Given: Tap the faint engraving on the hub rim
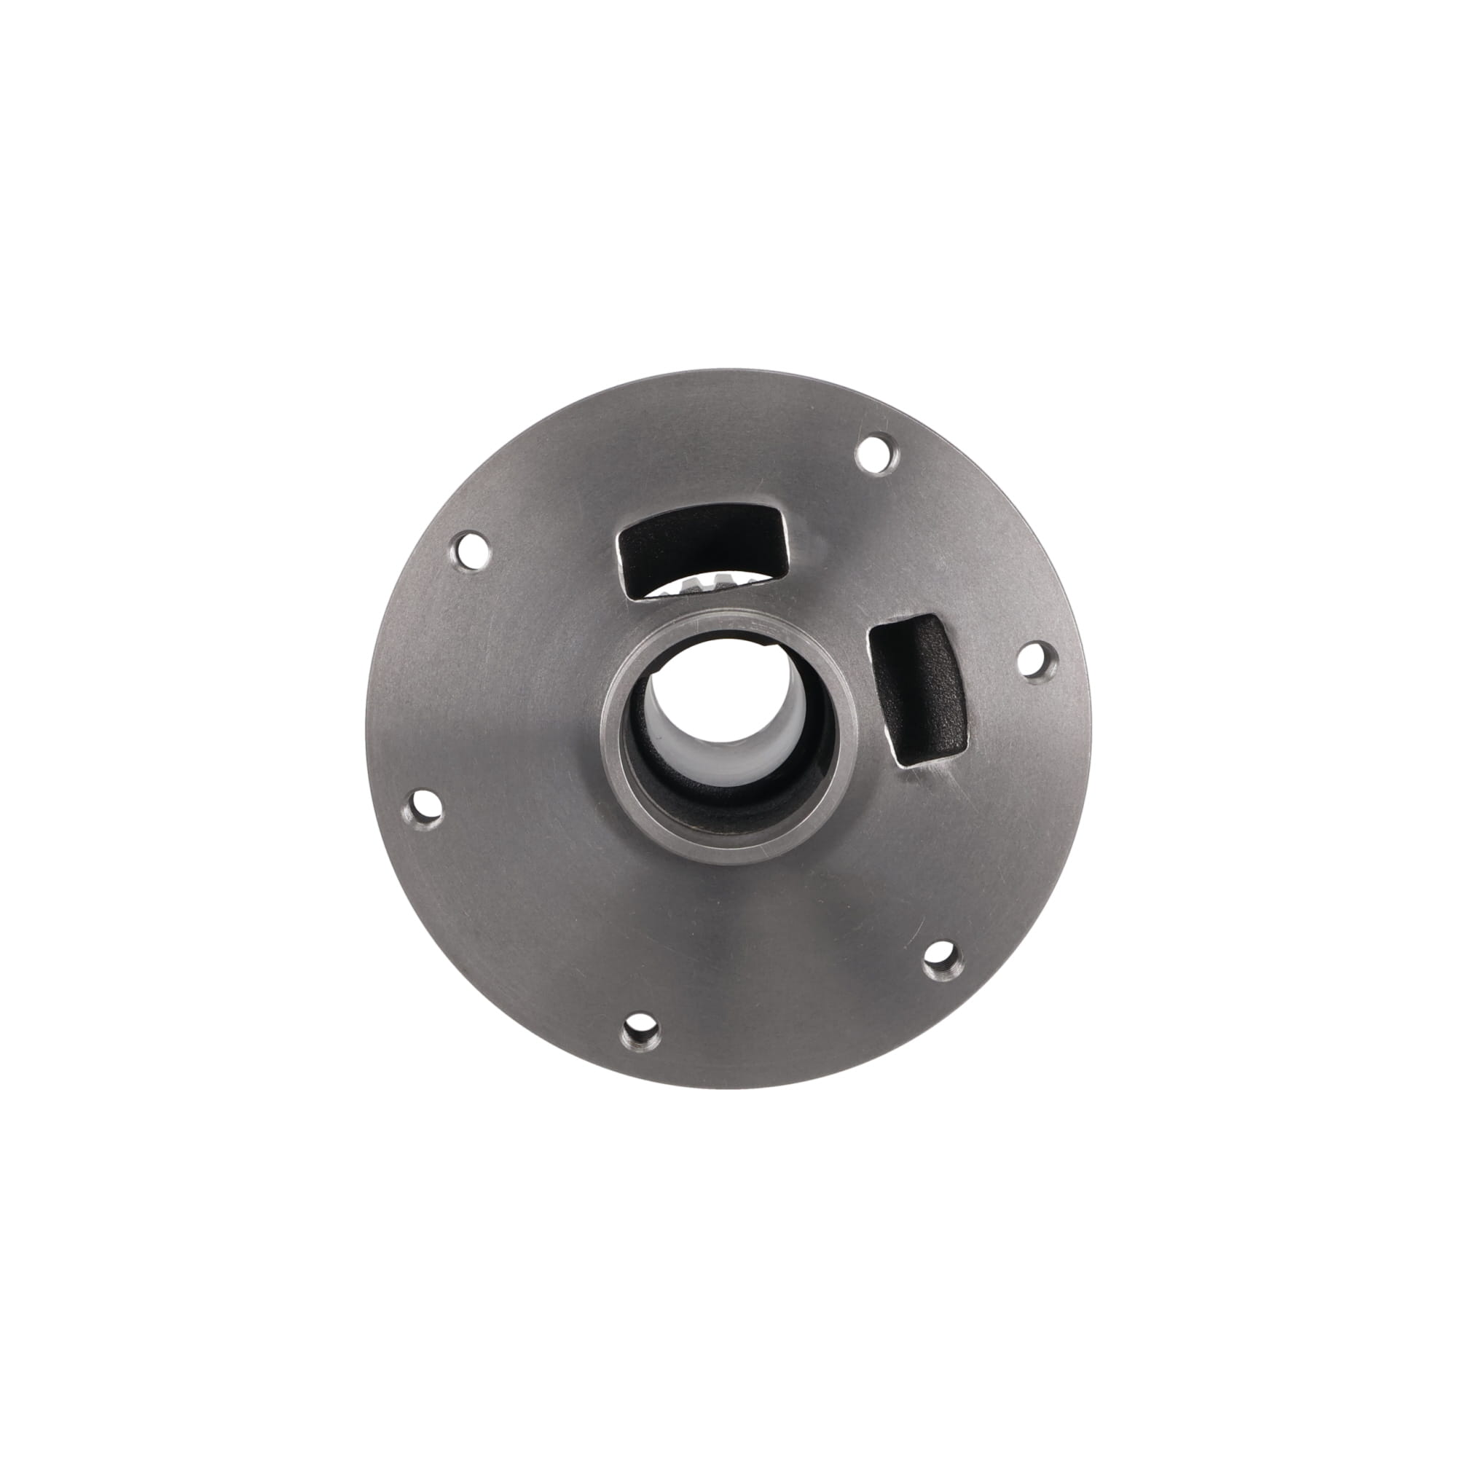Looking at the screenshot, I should (x=743, y=627).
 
